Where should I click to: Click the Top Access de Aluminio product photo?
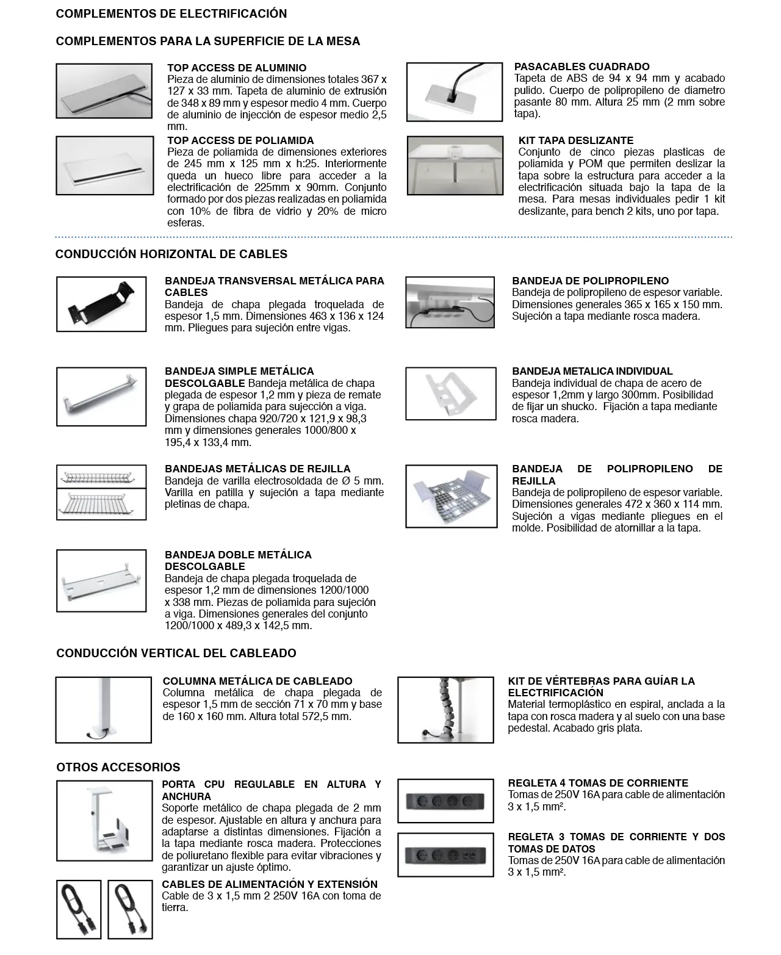coord(104,90)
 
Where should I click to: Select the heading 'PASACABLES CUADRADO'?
coord(581,67)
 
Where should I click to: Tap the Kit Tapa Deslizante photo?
coord(455,165)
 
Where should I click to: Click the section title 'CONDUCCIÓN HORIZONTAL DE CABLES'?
coord(171,254)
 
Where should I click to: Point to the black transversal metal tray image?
coord(101,304)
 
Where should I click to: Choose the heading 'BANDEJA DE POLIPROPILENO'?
coord(590,281)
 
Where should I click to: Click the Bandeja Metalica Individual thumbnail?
coord(451,394)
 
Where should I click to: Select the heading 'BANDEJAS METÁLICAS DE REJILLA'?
coord(257,469)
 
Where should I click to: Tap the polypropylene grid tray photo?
coord(451,496)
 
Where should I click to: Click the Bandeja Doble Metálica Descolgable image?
coord(101,580)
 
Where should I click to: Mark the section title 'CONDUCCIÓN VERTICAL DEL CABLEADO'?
coord(176,653)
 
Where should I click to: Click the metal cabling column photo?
coord(103,710)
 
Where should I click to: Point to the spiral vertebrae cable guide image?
coord(445,710)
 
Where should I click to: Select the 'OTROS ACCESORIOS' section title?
coord(118,767)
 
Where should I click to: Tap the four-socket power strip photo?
coord(445,801)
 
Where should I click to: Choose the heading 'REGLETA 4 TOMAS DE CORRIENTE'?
coord(598,783)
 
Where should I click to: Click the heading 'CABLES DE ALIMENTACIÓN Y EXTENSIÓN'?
coord(270,884)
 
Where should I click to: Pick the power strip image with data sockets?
coord(445,855)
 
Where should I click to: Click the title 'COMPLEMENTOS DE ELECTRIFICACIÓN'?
coord(171,13)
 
